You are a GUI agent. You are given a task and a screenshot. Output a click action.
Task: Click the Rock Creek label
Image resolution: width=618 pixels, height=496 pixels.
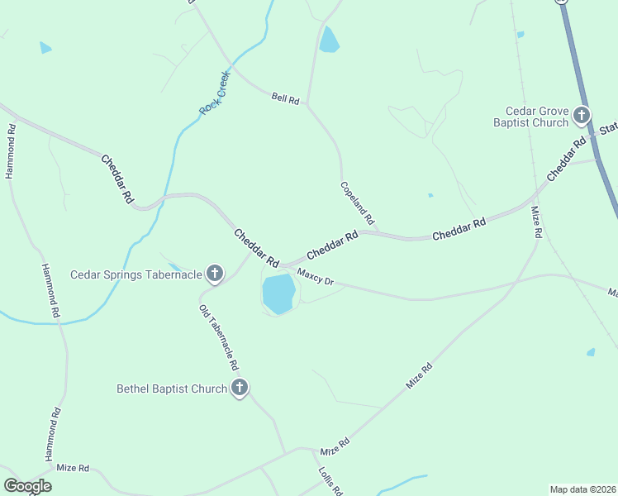coord(214,93)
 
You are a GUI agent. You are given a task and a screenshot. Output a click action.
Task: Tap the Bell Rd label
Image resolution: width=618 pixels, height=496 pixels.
coord(284,98)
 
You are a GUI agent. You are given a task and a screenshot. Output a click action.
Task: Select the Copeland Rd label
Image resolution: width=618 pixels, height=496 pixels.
coord(358,203)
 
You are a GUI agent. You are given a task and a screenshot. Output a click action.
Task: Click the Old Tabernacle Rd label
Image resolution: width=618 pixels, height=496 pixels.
coord(219,336)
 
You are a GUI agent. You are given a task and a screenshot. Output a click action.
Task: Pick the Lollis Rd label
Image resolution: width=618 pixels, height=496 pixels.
coord(330,479)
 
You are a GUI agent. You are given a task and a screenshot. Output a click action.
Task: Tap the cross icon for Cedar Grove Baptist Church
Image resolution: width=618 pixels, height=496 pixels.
coord(582,115)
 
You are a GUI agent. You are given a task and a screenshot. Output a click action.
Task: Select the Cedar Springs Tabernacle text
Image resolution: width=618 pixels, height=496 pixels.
coord(136,274)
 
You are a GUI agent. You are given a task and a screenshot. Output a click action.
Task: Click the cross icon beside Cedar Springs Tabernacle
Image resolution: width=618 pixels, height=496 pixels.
coord(215,274)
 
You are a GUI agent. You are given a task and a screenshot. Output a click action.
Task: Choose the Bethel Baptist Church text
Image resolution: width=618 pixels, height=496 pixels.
coord(172,389)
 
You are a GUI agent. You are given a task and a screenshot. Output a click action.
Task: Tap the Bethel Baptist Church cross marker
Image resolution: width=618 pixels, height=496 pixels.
coord(240,387)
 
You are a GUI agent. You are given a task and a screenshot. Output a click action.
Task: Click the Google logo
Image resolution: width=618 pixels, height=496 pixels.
coord(27,486)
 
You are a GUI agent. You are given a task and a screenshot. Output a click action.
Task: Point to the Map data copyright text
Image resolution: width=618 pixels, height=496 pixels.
coord(582,489)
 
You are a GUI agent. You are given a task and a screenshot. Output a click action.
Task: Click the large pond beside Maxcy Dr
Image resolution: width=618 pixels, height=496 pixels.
coord(278,293)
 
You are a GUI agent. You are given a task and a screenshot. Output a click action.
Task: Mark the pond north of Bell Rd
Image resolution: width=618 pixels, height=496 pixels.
coord(329,40)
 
